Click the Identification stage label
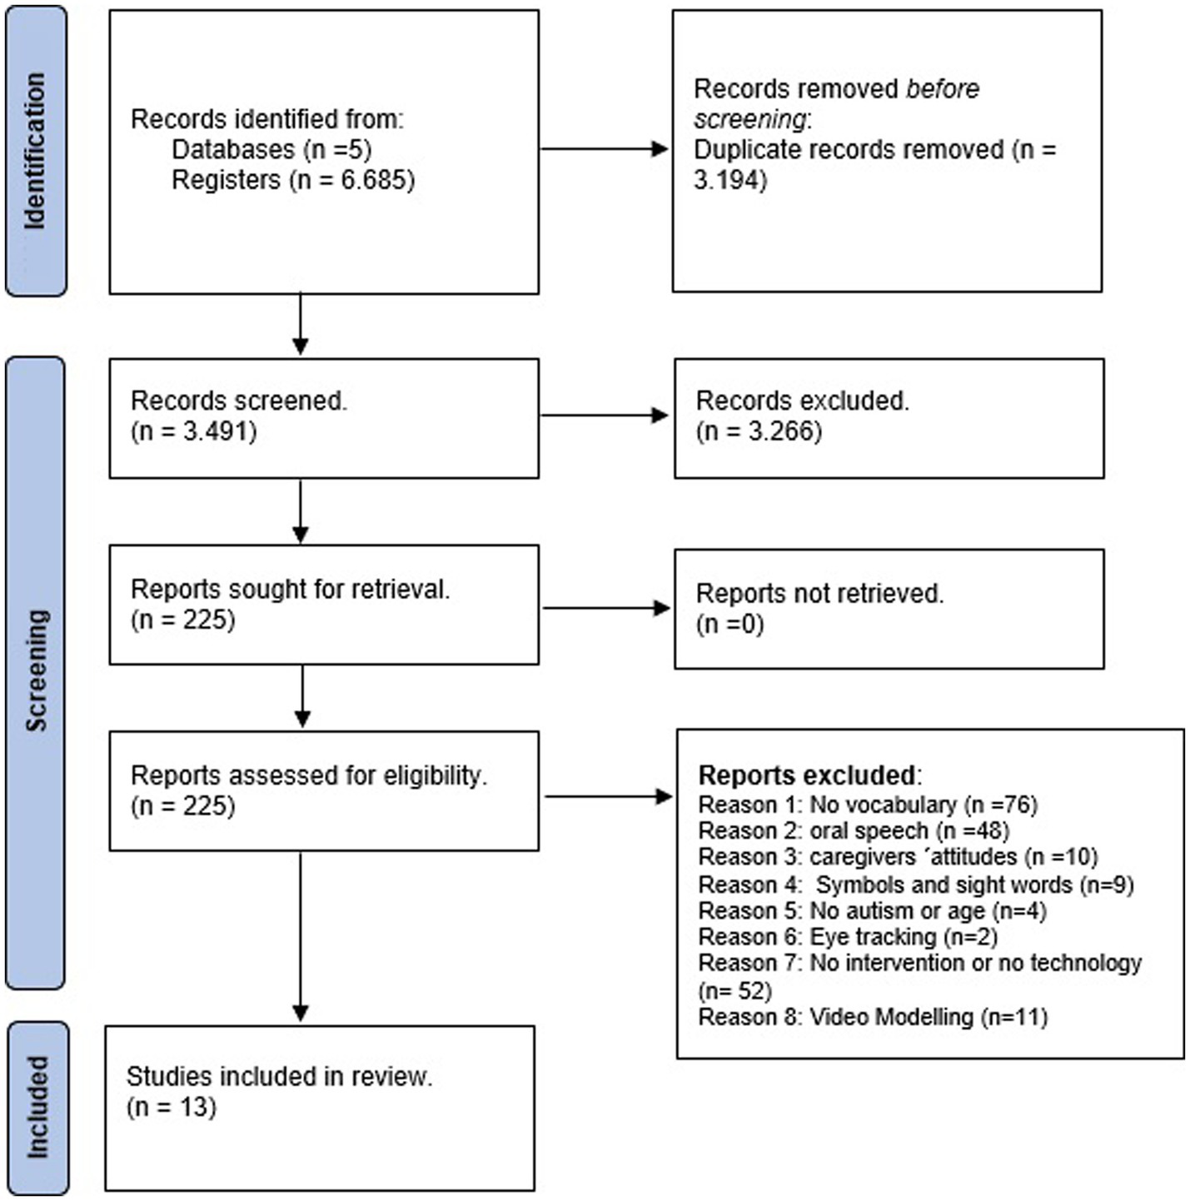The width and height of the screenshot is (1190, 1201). click(x=35, y=151)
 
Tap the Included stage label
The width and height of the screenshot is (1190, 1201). click(x=37, y=1108)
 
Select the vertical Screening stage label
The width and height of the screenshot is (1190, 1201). click(x=35, y=671)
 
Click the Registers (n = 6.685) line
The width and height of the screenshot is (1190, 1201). click(x=292, y=180)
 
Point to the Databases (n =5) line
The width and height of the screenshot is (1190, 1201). click(x=271, y=150)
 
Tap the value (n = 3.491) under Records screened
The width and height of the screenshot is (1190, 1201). click(x=194, y=431)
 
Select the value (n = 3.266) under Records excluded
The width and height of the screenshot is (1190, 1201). click(x=759, y=431)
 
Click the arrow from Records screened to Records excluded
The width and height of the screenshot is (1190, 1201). click(x=605, y=415)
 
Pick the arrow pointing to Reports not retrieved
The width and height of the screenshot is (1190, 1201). click(x=605, y=608)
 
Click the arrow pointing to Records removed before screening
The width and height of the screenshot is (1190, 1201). click(x=604, y=149)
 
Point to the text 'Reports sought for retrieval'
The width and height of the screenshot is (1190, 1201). click(x=290, y=589)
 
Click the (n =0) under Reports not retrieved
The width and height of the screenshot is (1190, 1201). click(x=729, y=624)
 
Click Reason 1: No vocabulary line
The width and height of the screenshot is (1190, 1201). click(x=868, y=805)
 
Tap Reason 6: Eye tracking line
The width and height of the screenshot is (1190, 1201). click(x=847, y=937)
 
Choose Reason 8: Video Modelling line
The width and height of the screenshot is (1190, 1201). click(x=872, y=1017)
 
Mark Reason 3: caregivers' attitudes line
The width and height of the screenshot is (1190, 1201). click(x=898, y=857)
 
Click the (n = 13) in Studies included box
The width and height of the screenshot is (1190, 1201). click(x=172, y=1107)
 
